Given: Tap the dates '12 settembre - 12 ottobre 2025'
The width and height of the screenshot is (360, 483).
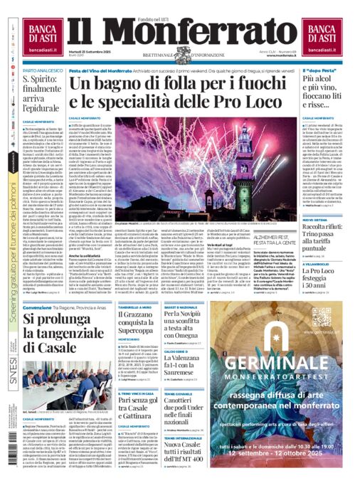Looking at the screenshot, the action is [x=291, y=454].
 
